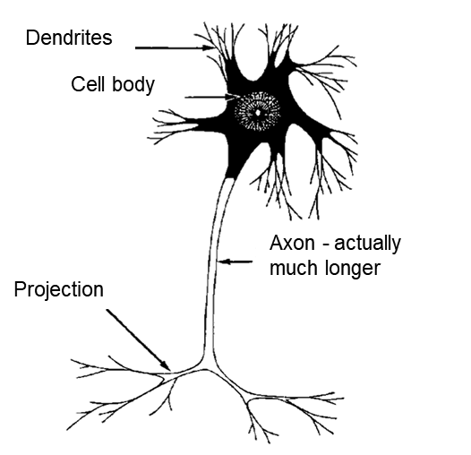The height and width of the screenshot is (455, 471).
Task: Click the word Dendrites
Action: click(69, 38)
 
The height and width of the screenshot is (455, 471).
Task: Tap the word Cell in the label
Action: click(88, 84)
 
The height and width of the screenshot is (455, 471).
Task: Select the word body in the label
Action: click(133, 85)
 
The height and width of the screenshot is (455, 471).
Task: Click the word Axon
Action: click(292, 243)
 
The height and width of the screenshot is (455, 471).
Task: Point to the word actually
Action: click(367, 245)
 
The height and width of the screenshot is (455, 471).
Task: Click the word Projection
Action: click(58, 290)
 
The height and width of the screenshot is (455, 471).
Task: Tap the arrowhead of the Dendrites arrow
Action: click(208, 47)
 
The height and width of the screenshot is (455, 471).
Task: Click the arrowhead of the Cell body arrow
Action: click(233, 97)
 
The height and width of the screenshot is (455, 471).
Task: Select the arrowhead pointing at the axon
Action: click(224, 262)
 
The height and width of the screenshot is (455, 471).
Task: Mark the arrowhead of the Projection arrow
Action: click(166, 365)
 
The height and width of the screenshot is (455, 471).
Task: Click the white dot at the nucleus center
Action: click(258, 113)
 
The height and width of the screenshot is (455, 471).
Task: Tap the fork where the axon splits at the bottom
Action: click(206, 368)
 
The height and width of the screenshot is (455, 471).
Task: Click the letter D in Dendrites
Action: click(32, 38)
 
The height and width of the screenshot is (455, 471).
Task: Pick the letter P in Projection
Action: click(20, 289)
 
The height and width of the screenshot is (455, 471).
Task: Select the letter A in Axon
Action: click(277, 243)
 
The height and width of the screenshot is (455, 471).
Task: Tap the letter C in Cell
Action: click(78, 84)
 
